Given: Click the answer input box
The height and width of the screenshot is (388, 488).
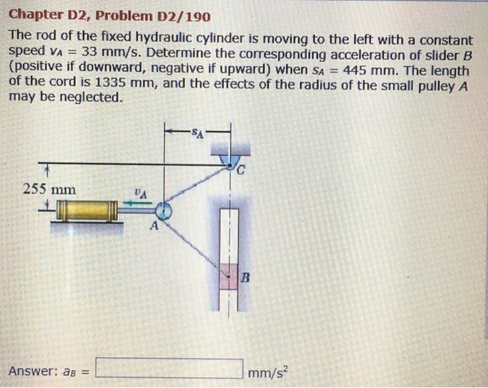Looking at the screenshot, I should [x=169, y=367].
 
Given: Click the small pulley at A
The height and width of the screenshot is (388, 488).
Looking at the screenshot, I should [x=164, y=209].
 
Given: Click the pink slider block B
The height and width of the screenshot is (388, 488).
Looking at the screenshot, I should [x=229, y=277].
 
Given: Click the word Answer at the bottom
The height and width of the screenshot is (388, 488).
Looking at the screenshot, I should [x=31, y=370].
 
